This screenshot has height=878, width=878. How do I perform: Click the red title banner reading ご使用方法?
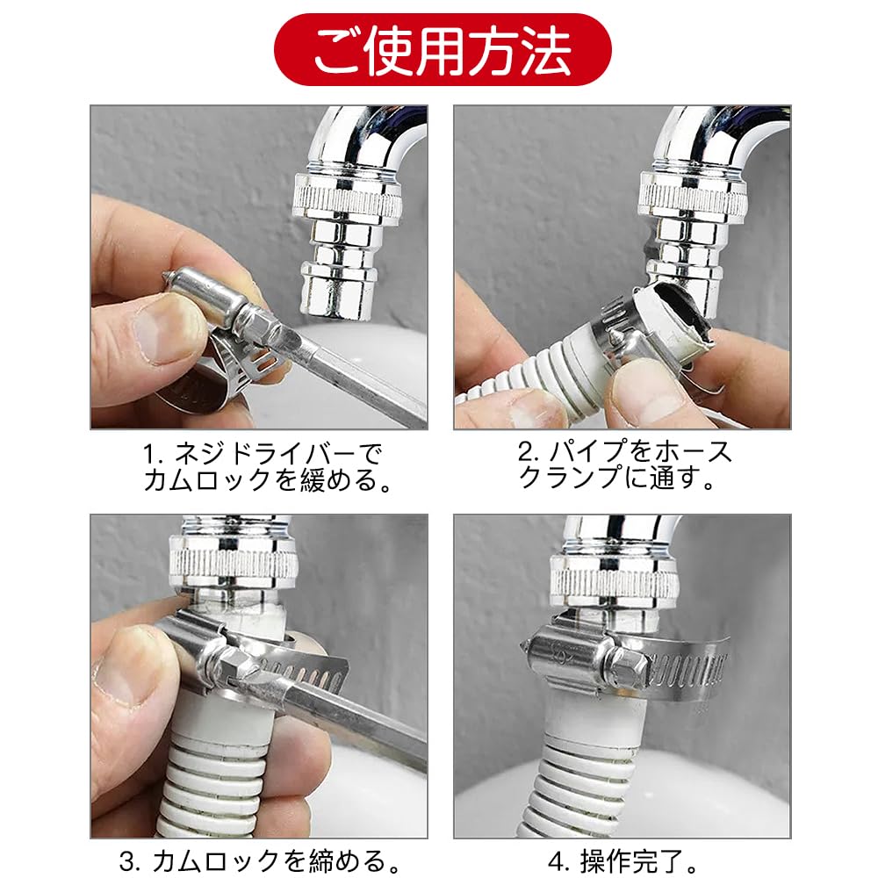tap(443, 50)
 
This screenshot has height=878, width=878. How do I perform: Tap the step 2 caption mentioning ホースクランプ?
tap(623, 464)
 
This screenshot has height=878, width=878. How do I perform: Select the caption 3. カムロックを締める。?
tap(260, 861)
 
